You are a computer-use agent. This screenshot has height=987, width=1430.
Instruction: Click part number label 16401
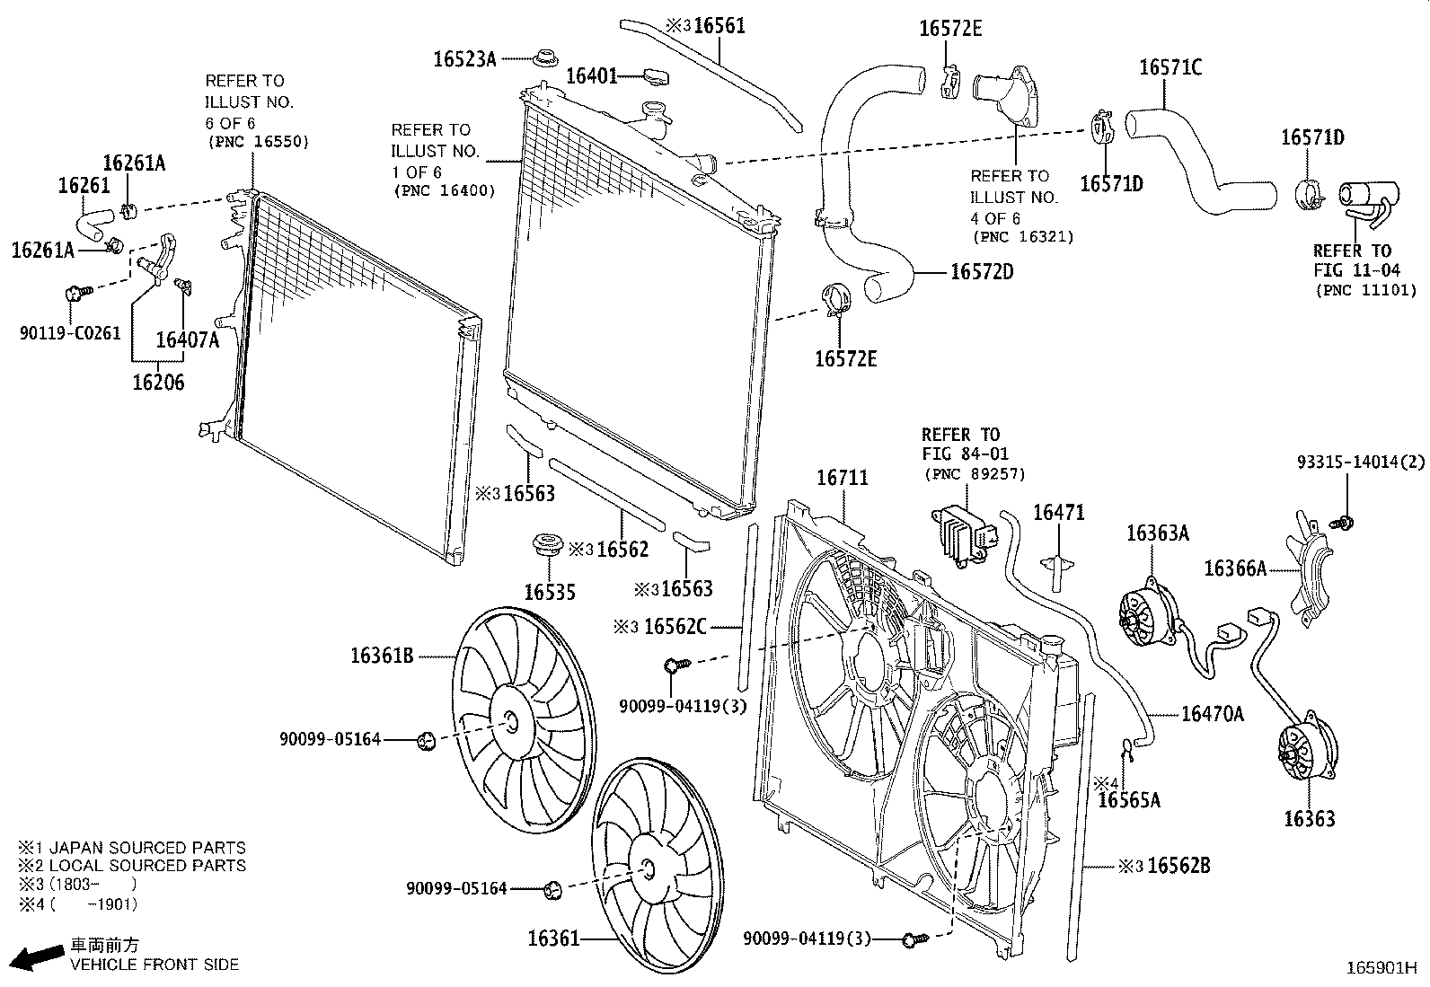[590, 76]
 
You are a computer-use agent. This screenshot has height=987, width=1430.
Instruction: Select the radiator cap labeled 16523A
[542, 58]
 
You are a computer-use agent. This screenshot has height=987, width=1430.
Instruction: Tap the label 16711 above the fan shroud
[842, 478]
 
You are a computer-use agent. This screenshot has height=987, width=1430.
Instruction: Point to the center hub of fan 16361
[647, 868]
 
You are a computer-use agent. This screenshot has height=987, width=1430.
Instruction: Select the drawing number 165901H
[1380, 968]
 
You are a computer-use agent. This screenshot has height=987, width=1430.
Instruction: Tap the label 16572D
[981, 271]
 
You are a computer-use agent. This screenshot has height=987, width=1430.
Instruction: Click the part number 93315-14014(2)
[1360, 463]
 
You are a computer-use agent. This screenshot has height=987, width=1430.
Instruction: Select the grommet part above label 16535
[547, 544]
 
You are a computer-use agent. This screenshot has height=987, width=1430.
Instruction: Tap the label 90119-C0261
[69, 333]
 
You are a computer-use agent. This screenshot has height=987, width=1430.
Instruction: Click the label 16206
[158, 383]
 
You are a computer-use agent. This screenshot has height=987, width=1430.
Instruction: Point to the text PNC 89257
[974, 474]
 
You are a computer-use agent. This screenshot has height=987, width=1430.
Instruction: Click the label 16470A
[1212, 714]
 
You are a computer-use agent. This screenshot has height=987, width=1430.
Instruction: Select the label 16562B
[1178, 866]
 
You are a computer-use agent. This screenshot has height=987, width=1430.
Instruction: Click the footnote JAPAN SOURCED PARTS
[146, 847]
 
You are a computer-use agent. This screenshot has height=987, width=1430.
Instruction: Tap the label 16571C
[1170, 67]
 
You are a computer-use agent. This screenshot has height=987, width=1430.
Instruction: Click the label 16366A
[1234, 568]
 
